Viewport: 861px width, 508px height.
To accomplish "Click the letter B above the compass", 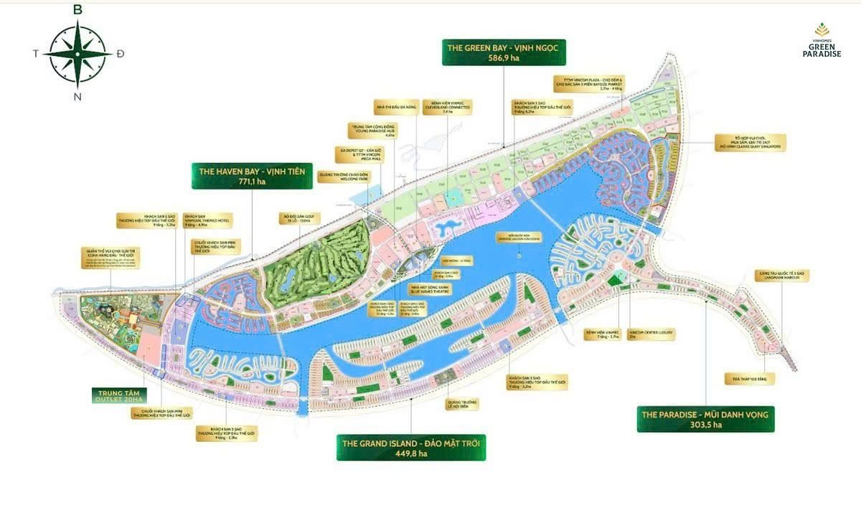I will (77, 9).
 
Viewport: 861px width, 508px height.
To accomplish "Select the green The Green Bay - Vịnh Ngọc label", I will (504, 52).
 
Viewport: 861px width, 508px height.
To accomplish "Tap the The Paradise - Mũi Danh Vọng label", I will (705, 419).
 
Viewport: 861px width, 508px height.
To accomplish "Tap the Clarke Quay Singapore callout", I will (751, 142).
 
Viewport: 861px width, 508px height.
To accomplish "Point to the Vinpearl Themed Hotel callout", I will (211, 220).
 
